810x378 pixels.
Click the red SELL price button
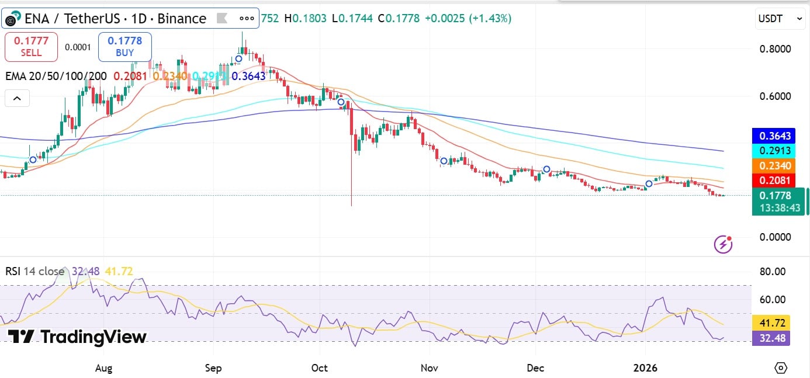(31, 47)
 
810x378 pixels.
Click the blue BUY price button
(124, 47)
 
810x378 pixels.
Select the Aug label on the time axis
(103, 368)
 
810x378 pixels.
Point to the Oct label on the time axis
(320, 368)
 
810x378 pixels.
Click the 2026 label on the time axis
(646, 368)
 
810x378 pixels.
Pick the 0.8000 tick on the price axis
(775, 48)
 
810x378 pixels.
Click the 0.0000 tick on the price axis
(775, 237)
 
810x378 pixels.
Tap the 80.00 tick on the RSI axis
(771, 272)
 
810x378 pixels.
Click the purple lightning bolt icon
(724, 244)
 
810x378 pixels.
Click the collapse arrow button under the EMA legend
(17, 99)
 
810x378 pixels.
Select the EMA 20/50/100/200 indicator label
(56, 76)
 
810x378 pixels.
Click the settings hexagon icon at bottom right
(781, 368)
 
